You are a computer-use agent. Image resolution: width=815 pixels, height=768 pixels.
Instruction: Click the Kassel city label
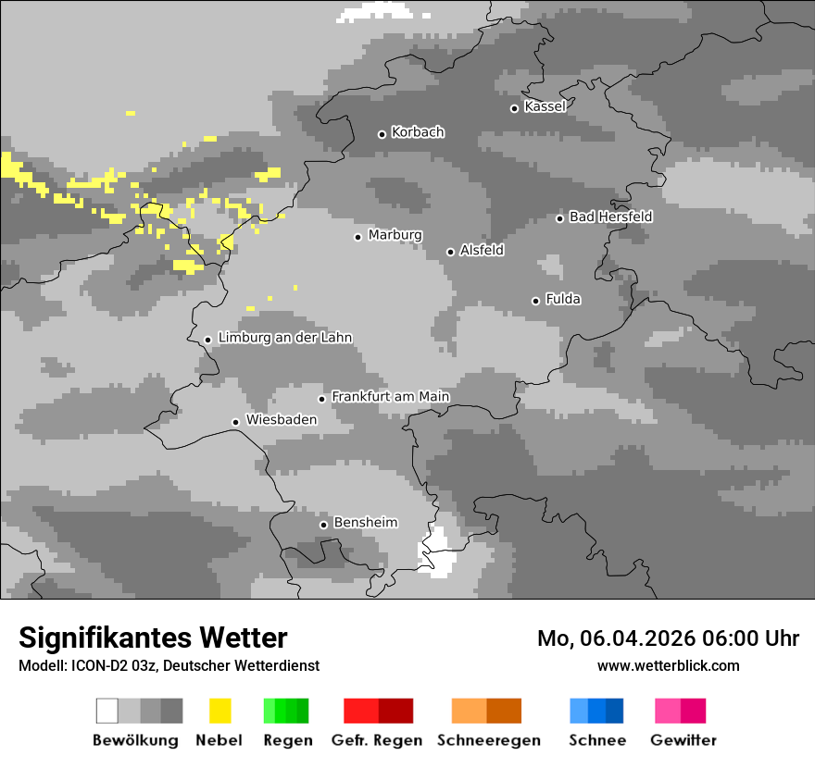pos(545,106)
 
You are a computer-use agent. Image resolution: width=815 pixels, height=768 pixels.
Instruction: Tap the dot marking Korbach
pos(382,134)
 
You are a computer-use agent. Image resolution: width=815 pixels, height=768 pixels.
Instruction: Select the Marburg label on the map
pos(395,235)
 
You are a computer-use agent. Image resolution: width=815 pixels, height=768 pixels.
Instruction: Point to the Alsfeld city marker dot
pos(450,252)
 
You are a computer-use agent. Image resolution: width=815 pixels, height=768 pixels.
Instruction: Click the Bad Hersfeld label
pos(610,217)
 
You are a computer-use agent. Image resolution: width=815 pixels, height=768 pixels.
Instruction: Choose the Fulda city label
pos(563,299)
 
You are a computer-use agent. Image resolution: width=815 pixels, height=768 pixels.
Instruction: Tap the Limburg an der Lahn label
pos(284,338)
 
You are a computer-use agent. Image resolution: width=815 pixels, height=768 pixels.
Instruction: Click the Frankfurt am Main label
pos(390,396)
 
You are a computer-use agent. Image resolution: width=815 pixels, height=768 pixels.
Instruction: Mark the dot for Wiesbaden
pos(236,422)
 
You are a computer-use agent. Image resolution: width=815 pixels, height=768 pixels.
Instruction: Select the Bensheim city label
pos(365,523)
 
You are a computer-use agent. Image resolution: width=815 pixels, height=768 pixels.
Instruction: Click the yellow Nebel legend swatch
pos(219,711)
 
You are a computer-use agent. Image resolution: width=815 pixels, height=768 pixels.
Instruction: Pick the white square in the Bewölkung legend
pos(107,711)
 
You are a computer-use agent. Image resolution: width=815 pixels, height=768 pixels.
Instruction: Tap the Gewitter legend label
pos(683,740)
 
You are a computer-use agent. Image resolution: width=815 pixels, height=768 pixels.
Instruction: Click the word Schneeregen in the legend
pos(488,740)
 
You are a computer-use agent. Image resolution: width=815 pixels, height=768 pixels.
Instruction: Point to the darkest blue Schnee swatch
pos(614,711)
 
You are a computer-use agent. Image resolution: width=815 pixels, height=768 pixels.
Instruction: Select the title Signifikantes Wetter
pos(153,638)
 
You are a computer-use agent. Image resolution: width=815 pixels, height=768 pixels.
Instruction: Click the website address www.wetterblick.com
pos(668,665)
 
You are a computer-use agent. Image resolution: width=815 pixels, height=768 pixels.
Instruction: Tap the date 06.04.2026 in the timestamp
pos(638,638)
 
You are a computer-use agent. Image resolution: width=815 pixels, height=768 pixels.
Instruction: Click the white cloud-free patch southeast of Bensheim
pos(439,553)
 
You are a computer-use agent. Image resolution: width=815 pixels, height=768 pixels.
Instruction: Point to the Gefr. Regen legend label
pos(376,740)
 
